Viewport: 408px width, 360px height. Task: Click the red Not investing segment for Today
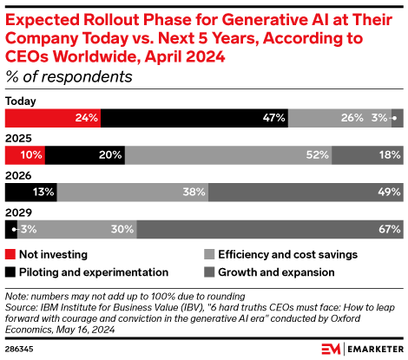(53, 118)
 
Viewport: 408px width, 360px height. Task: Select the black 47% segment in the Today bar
(194, 118)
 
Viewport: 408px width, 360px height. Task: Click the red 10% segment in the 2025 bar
(25, 155)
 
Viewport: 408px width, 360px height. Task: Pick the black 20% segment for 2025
(85, 155)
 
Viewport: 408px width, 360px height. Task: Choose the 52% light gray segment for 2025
(228, 155)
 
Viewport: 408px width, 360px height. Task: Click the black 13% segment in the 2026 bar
(31, 193)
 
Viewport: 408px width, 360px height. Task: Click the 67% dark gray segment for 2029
(270, 230)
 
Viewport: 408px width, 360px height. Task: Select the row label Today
(21, 101)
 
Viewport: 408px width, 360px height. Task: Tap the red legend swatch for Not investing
(10, 255)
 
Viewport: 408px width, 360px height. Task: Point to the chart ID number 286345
(22, 349)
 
